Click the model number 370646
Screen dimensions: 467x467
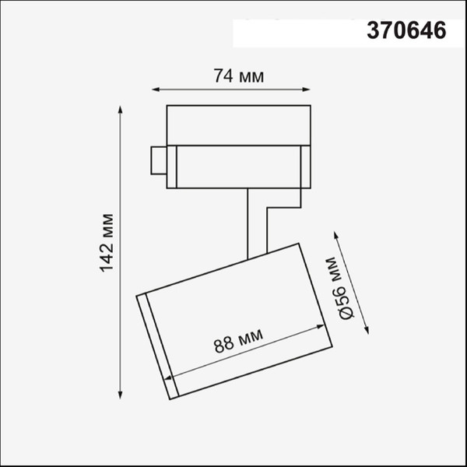(406, 31)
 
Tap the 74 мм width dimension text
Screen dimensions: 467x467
(238, 76)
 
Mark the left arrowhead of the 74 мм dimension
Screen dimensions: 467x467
(154, 89)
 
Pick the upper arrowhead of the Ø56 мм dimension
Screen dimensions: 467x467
(335, 233)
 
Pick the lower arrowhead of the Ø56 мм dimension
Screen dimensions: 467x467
(368, 330)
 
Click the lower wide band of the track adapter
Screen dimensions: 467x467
(237, 166)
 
